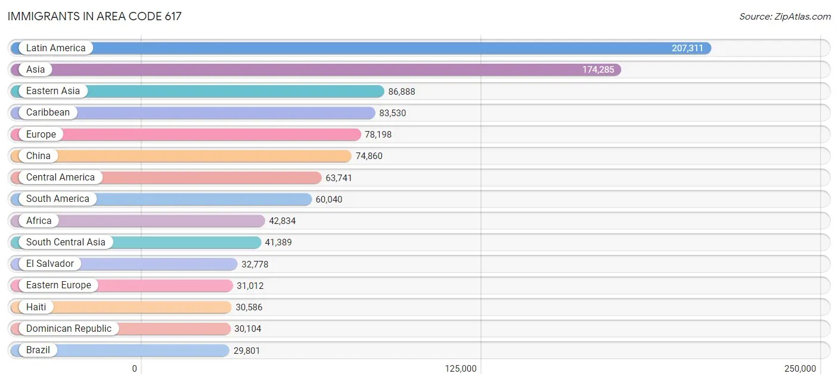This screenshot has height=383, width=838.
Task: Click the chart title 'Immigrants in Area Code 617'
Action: tap(94, 16)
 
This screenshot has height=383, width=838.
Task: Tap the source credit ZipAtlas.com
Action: tap(784, 16)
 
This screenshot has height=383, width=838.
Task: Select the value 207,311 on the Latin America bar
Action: tap(687, 48)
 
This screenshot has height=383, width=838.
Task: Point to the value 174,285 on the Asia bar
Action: tap(598, 70)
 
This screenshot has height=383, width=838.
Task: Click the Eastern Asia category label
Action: tap(53, 91)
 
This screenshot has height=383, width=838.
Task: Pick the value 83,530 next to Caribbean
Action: tap(392, 113)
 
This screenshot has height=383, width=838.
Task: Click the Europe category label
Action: tap(41, 135)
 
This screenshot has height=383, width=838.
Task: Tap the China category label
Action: tap(38, 156)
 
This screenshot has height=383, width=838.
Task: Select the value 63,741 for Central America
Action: tap(339, 178)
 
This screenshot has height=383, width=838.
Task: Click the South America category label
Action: tap(58, 199)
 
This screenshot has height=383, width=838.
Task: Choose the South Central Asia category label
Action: tap(66, 242)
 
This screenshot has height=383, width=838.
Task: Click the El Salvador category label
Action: tap(50, 264)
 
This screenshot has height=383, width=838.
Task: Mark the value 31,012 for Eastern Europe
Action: tap(250, 286)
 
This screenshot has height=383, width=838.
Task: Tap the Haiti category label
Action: tap(36, 307)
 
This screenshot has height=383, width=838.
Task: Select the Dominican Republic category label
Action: tap(69, 329)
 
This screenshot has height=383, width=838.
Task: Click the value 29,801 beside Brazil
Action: tap(246, 351)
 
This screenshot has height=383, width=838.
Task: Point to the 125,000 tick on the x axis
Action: tap(461, 369)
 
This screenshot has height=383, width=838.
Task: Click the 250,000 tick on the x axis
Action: tap(800, 369)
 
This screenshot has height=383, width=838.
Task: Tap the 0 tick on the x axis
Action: tap(135, 369)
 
